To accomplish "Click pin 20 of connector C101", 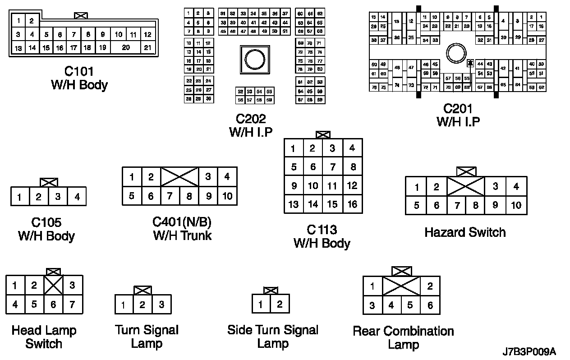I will pyautogui.click(x=126, y=47).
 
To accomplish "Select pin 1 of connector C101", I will pyautogui.click(x=18, y=20).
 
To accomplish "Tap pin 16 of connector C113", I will pyautogui.click(x=352, y=204).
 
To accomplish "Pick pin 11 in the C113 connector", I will pyautogui.click(x=332, y=185).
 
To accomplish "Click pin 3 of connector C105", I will pyautogui.click(x=58, y=197).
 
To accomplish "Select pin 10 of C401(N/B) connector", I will pyautogui.click(x=227, y=196).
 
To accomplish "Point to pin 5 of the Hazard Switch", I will pyautogui.click(x=416, y=205).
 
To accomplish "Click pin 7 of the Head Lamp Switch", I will pyautogui.click(x=72, y=305).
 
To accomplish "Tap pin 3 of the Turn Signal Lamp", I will pyautogui.click(x=161, y=305).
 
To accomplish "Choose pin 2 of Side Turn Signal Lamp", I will pyautogui.click(x=280, y=304).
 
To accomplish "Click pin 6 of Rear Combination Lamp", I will pyautogui.click(x=430, y=305).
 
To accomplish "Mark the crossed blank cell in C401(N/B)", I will pyautogui.click(x=179, y=177).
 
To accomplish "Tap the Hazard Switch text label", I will pyautogui.click(x=465, y=232).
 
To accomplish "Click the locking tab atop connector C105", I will pyautogui.click(x=49, y=183).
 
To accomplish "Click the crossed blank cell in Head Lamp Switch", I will pyautogui.click(x=53, y=285).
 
